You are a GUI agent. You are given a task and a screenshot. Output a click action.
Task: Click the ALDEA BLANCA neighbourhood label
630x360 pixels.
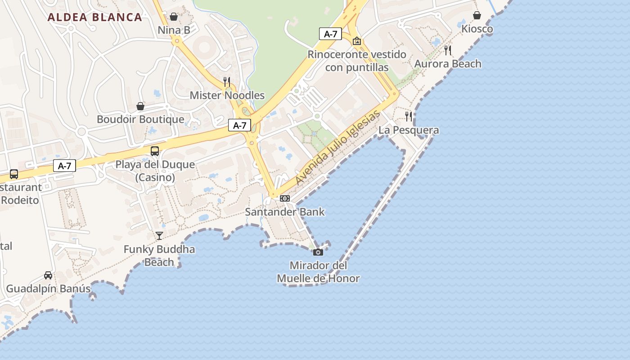click(94, 18)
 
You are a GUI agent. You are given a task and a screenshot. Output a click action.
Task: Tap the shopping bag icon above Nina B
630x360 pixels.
click(174, 17)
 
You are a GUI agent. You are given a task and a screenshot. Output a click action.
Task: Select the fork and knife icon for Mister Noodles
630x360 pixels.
click(227, 81)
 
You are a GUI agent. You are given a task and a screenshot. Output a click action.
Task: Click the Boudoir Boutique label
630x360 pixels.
click(140, 119)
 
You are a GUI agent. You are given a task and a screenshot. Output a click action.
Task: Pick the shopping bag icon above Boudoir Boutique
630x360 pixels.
click(140, 106)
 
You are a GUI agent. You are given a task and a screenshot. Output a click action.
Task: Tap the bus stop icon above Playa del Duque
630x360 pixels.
click(155, 151)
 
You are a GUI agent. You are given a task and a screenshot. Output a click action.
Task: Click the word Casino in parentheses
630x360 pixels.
click(155, 177)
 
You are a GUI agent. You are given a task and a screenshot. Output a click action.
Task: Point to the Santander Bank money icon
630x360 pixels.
click(284, 198)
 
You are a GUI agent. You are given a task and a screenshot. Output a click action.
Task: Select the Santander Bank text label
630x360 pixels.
click(284, 211)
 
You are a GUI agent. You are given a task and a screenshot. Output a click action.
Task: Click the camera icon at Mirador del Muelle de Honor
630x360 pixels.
click(318, 252)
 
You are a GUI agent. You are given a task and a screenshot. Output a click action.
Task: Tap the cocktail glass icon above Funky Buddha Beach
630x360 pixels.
click(159, 235)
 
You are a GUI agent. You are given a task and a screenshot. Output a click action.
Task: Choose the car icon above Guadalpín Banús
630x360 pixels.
click(48, 275)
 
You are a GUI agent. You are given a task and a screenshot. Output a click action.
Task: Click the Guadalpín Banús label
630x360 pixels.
click(48, 288)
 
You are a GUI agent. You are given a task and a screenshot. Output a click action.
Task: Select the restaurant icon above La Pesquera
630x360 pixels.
click(409, 117)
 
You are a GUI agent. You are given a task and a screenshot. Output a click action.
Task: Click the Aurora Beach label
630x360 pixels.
click(447, 64)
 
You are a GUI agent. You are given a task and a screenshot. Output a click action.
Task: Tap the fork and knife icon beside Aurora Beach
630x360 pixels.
click(447, 50)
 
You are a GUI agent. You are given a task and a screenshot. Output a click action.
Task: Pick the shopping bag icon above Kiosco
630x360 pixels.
click(477, 16)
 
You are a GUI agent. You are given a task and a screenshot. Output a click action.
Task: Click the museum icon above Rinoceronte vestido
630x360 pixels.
click(357, 41)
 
